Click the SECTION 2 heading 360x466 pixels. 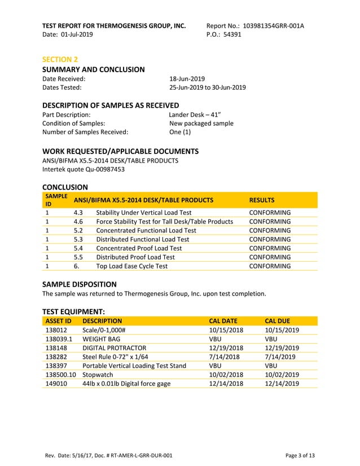60,59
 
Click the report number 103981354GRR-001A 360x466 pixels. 273,26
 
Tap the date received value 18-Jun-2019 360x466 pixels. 187,79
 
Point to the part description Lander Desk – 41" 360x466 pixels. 195,115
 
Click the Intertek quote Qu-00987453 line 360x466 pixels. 84,169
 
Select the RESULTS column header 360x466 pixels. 262,200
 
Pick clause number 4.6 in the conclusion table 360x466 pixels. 78,222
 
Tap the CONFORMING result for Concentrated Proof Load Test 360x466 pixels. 270,248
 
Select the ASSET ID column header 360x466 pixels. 58,322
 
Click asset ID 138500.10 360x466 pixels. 60,375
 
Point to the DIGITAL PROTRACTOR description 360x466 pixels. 114,348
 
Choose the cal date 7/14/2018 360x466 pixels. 224,357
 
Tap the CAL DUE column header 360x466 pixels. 277,322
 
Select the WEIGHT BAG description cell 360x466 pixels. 102,339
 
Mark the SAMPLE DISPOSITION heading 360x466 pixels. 80,284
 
